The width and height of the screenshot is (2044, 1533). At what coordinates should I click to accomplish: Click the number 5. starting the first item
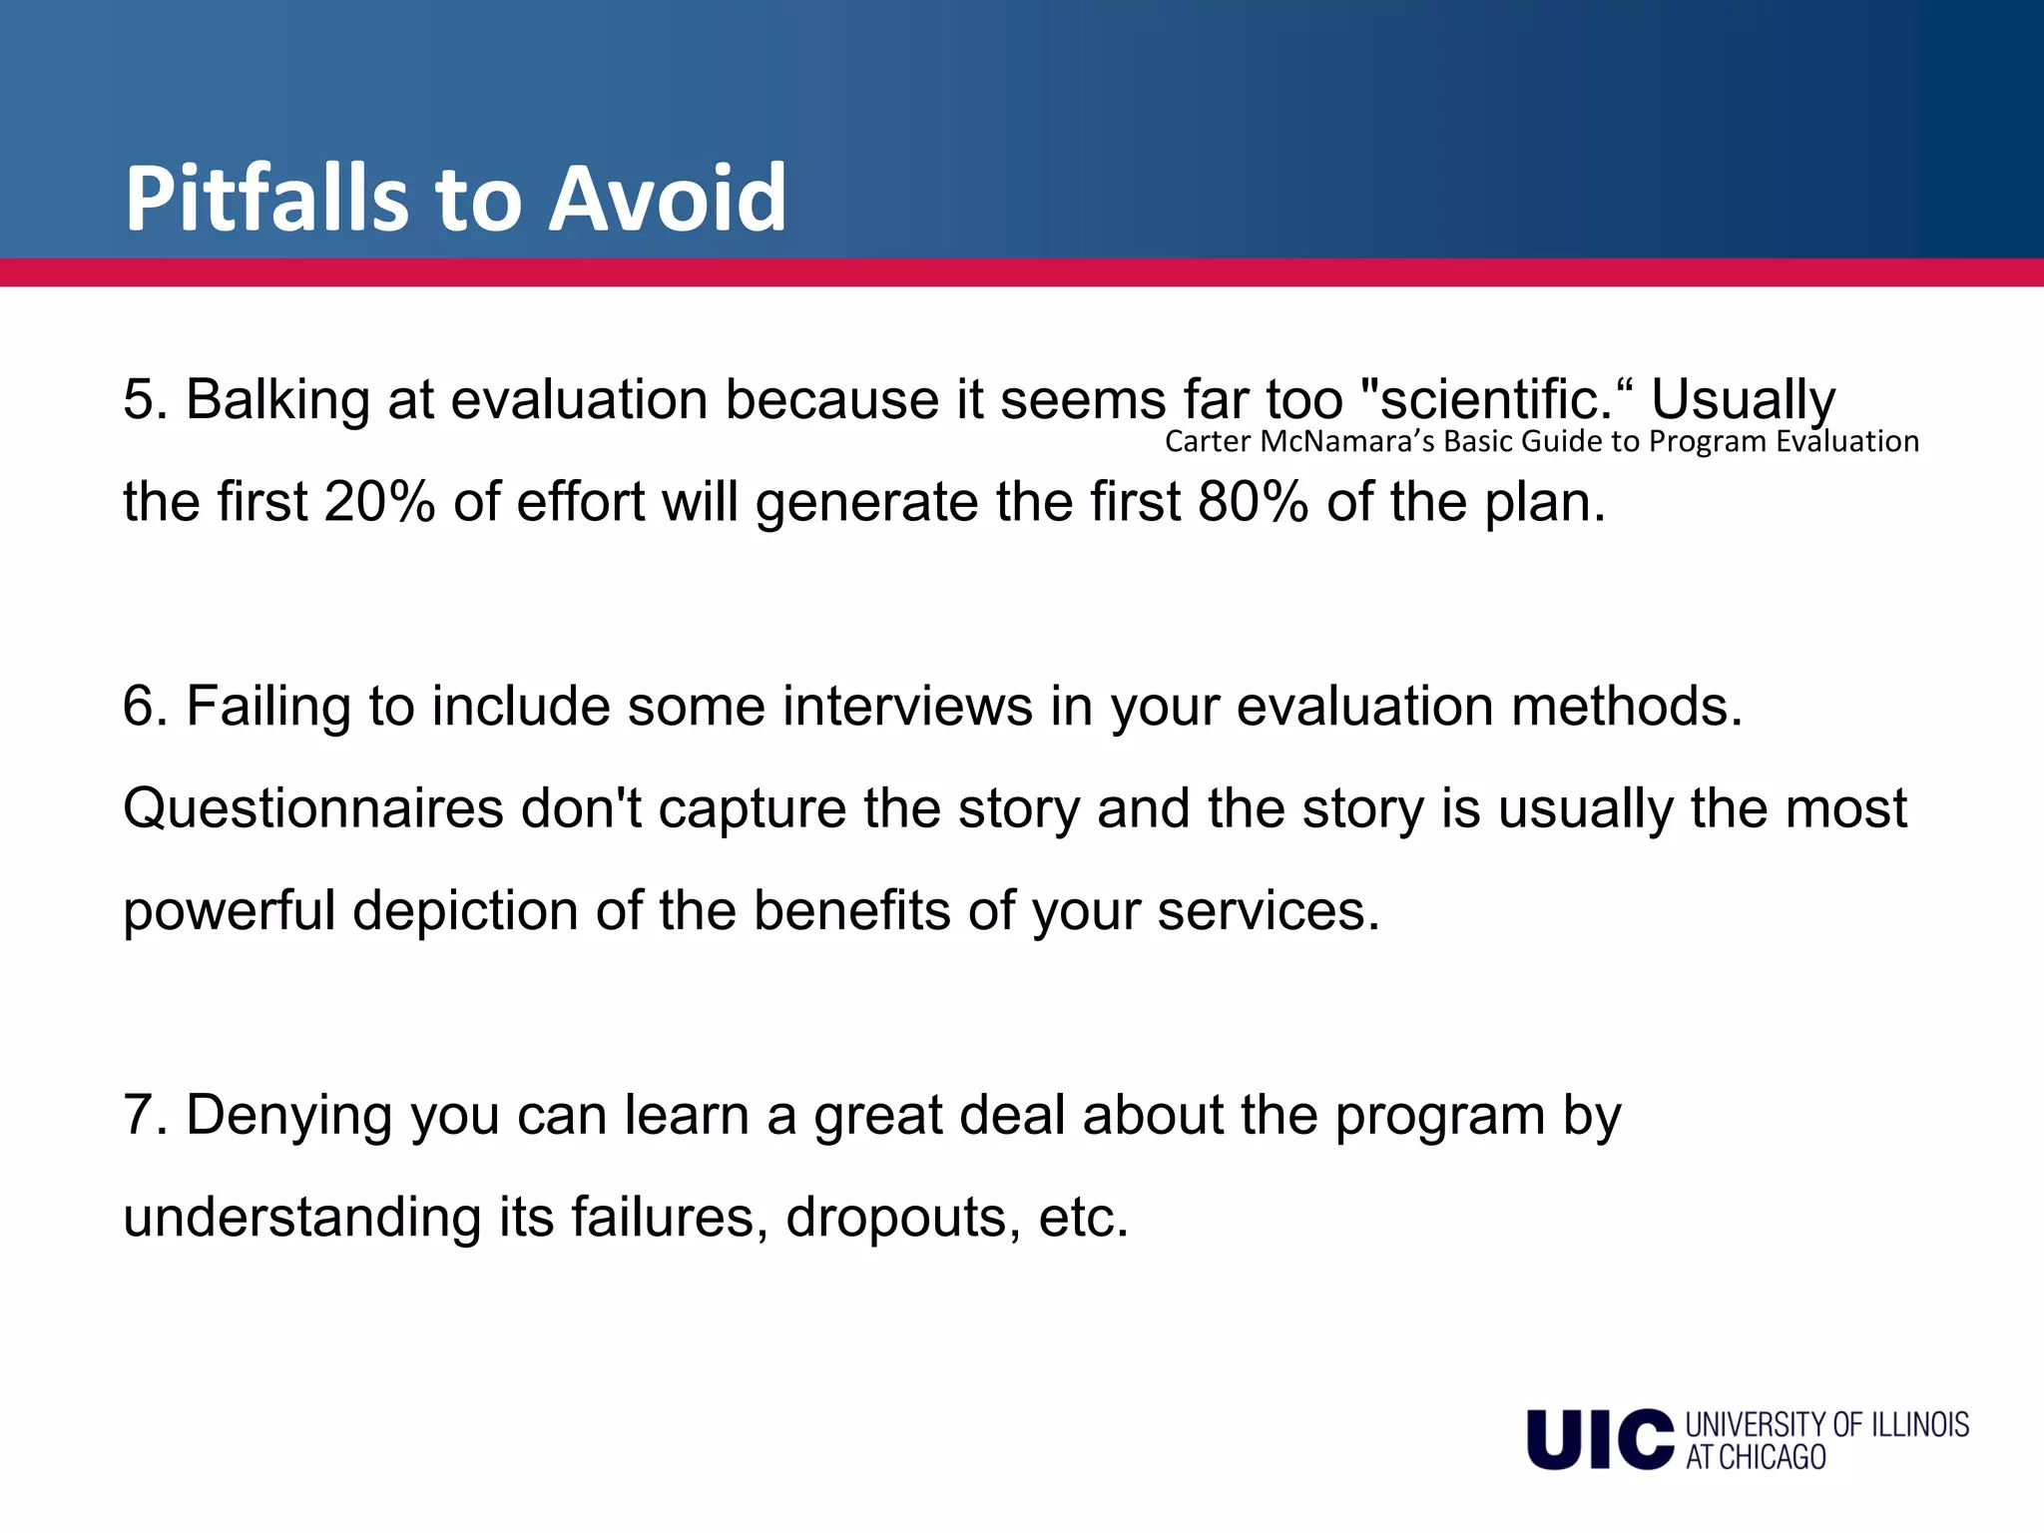[145, 399]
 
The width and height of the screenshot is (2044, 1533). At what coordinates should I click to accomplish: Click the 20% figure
[380, 502]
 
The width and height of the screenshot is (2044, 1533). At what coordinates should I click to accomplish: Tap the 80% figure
[1254, 502]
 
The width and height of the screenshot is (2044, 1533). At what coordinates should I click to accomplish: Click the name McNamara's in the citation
[1347, 441]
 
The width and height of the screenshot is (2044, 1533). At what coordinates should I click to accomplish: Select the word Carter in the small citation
[1207, 441]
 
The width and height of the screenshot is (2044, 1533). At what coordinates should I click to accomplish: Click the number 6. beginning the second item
[145, 707]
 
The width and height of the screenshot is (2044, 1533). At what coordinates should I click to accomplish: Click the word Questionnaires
[312, 808]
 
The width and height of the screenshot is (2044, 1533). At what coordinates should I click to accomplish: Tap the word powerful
[229, 911]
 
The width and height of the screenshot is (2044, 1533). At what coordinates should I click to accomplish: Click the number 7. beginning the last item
[145, 1116]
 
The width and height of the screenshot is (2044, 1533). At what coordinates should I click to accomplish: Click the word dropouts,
[903, 1219]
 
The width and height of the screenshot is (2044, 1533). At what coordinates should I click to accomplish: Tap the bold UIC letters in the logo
[1600, 1439]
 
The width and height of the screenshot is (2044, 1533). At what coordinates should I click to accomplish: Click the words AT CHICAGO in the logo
[1756, 1458]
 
